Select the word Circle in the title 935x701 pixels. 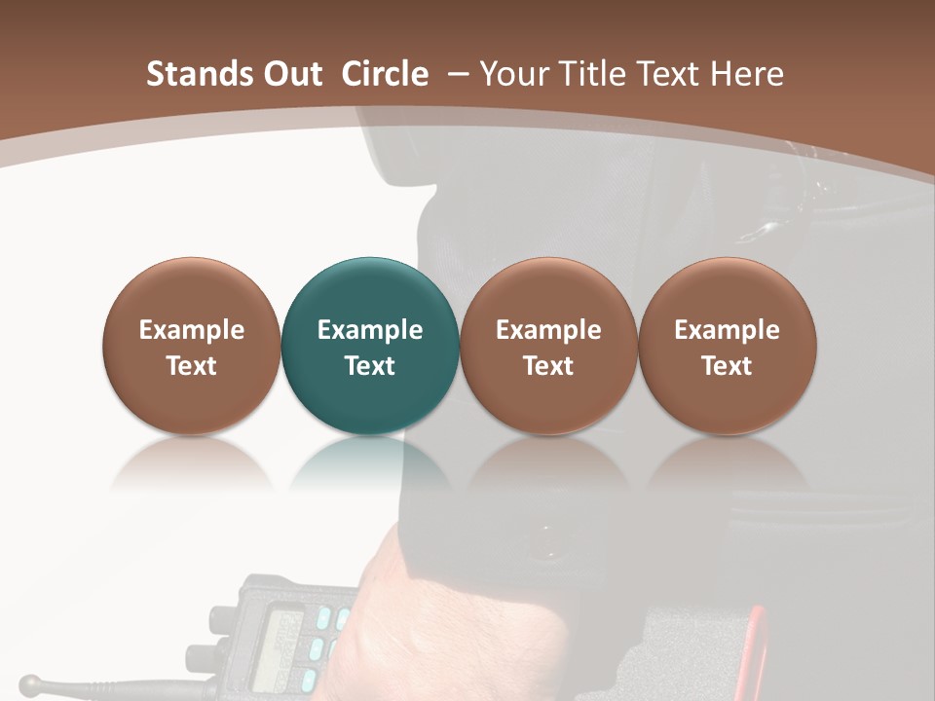coord(385,74)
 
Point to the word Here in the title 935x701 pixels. coord(747,74)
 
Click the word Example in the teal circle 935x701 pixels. coord(370,330)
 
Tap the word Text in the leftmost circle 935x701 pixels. coord(192,366)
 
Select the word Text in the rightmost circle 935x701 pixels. coord(727,366)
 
